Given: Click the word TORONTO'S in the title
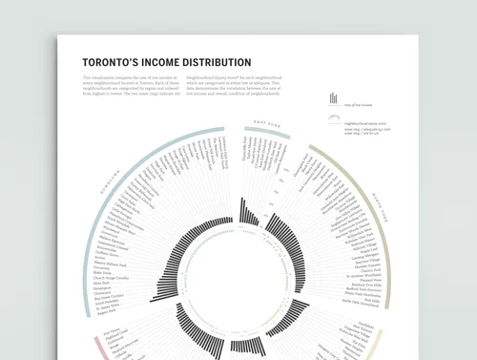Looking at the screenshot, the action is [x=112, y=62].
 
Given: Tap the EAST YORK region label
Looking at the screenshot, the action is [x=266, y=125].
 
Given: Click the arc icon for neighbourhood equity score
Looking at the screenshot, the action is [x=332, y=119].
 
